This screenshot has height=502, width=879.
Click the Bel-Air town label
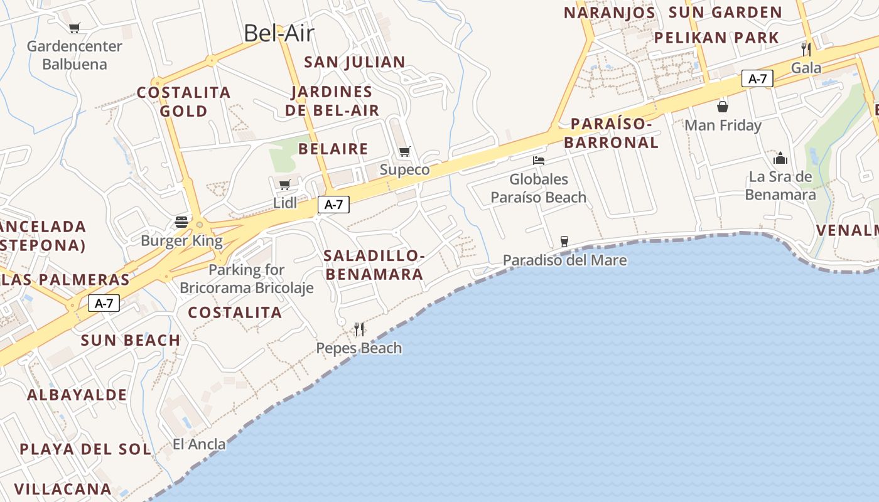[x=278, y=33]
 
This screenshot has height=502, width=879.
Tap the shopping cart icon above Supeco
[x=405, y=151]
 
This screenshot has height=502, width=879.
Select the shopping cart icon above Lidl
[x=285, y=184]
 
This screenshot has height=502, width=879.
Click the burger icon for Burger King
[x=181, y=222]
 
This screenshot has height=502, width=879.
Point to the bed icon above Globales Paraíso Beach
[x=539, y=161]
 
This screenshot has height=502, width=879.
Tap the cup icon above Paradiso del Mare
[x=564, y=241]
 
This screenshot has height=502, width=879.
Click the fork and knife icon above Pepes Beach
[x=359, y=329]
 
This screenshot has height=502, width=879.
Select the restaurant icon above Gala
[x=806, y=49]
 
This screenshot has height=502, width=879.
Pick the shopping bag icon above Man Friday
[x=723, y=107]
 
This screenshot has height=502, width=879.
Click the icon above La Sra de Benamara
[x=780, y=158]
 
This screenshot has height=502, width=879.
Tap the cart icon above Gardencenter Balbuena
[x=75, y=28]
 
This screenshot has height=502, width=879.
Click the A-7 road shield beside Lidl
[x=333, y=204]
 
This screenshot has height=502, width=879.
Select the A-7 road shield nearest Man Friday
[x=757, y=78]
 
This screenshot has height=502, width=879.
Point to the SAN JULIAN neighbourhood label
[x=355, y=62]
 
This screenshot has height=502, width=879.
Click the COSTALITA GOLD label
[x=184, y=102]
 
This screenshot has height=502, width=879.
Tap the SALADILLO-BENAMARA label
[x=374, y=265]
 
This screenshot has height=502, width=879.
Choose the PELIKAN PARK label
[x=716, y=38]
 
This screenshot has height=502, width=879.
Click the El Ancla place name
[x=199, y=444]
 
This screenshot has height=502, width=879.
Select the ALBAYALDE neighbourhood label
[x=77, y=395]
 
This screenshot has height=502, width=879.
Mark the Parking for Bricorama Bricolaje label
[x=247, y=279]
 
